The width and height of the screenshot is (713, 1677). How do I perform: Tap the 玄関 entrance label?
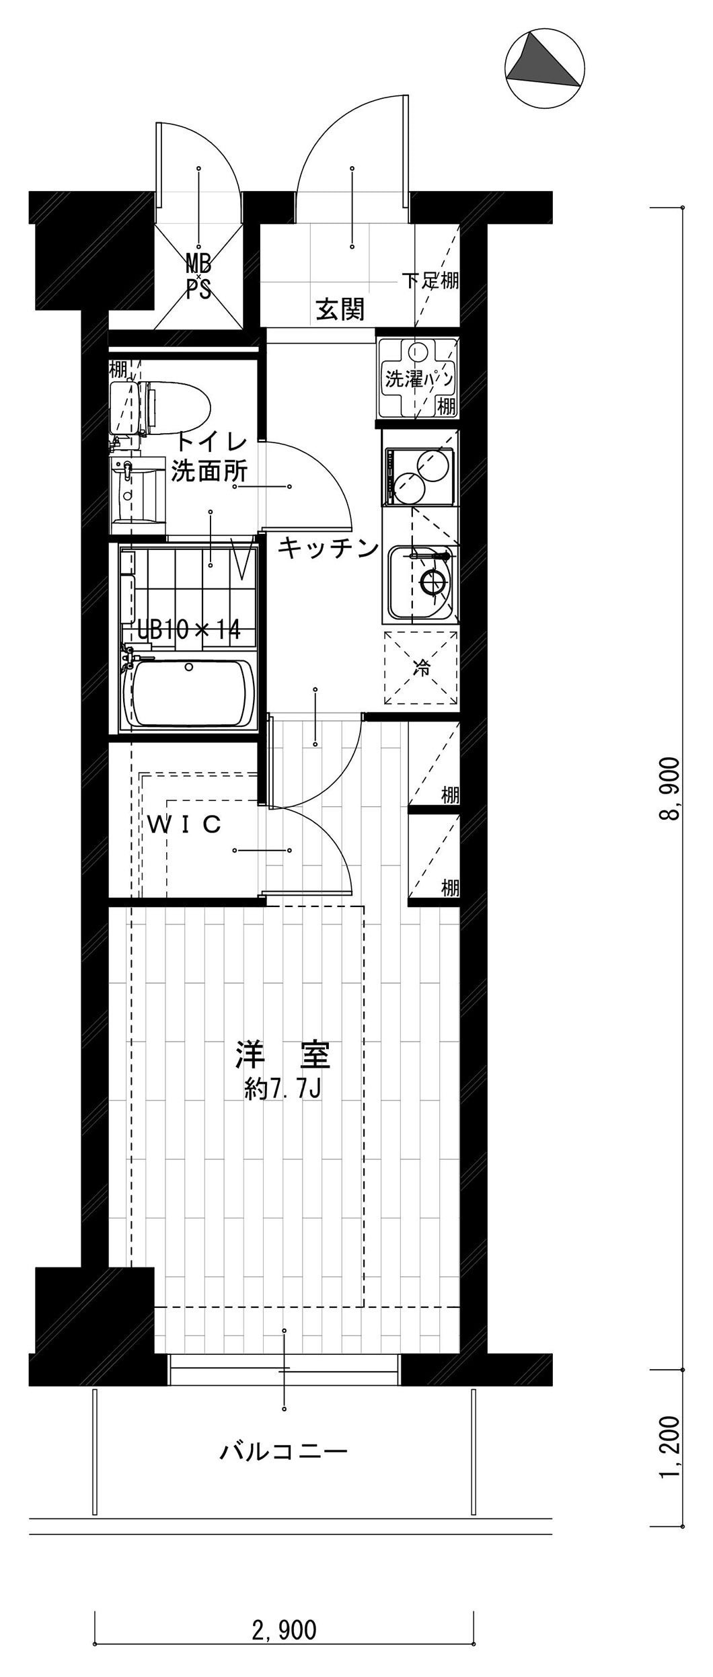[x=340, y=309]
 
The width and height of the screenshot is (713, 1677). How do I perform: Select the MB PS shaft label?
[x=198, y=276]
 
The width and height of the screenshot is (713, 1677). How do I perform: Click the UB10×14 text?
[x=189, y=629]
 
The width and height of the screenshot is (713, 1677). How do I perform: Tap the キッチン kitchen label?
[x=328, y=548]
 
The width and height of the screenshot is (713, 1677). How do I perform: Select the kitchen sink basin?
[x=422, y=582]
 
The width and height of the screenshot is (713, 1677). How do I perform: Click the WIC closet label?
[x=184, y=824]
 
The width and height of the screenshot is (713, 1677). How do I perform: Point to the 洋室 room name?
[x=283, y=1056]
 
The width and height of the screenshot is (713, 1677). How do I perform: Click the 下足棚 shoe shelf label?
[x=430, y=280]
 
